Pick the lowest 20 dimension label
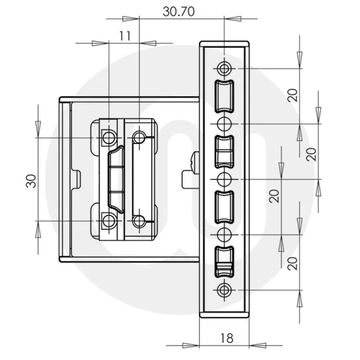click(x=293, y=262)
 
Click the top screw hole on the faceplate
click(x=225, y=68)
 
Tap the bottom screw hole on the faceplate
click(x=225, y=289)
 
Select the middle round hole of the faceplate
click(x=225, y=179)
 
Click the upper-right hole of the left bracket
click(x=139, y=137)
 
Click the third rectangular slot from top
click(x=225, y=206)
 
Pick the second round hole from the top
click(x=225, y=123)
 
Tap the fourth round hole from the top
click(x=225, y=234)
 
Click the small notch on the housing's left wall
click(x=77, y=176)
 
